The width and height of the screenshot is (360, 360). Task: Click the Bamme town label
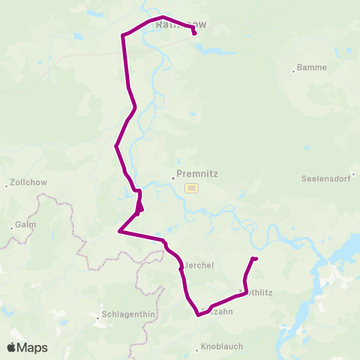pyautogui.click(x=312, y=67)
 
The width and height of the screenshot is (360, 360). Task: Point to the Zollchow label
pyautogui.click(x=29, y=184)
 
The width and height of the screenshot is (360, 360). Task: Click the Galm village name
pyautogui.click(x=25, y=225)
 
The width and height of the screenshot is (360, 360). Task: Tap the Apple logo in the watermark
pyautogui.click(x=11, y=347)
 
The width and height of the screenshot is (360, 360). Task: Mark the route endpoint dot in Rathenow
pyautogui.click(x=194, y=33)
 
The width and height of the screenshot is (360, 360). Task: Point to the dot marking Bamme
pyautogui.click(x=294, y=72)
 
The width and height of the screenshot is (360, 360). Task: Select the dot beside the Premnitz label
pyautogui.click(x=173, y=178)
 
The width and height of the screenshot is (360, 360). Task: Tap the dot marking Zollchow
pyautogui.click(x=6, y=184)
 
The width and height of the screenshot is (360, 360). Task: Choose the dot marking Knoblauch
pyautogui.click(x=197, y=349)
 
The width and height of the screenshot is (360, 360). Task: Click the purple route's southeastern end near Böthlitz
pyautogui.click(x=256, y=259)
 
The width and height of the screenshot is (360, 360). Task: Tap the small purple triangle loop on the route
pyautogui.click(x=139, y=207)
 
